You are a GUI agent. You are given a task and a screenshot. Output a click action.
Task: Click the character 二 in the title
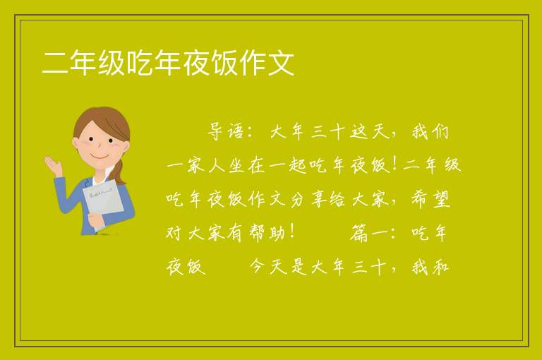(x=54, y=63)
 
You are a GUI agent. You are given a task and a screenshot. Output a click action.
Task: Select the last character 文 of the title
(x=281, y=63)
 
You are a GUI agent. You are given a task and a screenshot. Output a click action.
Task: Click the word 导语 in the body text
(x=227, y=131)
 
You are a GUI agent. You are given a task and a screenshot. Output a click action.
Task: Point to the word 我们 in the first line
(x=430, y=131)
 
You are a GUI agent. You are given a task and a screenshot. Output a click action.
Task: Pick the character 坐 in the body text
(x=237, y=165)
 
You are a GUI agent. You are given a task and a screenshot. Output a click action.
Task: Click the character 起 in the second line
(x=298, y=165)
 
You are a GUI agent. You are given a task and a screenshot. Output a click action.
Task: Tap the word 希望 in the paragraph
(x=430, y=199)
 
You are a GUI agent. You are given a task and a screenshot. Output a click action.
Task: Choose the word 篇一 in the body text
(x=369, y=233)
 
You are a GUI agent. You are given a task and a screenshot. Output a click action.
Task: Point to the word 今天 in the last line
(x=268, y=267)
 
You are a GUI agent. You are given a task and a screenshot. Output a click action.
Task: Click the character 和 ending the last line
(x=440, y=267)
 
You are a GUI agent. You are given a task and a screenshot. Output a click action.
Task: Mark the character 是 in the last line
(x=299, y=267)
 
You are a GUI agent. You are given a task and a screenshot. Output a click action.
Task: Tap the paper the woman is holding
(x=103, y=202)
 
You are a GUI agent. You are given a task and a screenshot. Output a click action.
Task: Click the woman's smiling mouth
(x=100, y=157)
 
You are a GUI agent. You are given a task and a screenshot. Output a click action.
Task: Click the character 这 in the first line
(x=359, y=131)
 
